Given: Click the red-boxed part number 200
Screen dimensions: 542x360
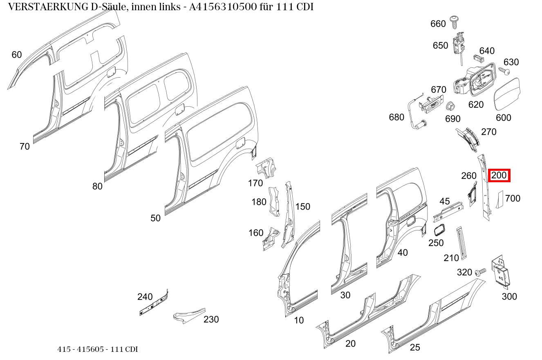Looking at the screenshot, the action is tap(499, 175).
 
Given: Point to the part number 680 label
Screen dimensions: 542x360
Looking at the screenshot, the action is tap(396, 117).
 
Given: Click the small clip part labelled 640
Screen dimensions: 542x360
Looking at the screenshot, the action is tap(479, 58).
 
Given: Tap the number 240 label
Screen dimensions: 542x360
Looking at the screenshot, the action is tap(145, 297).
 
